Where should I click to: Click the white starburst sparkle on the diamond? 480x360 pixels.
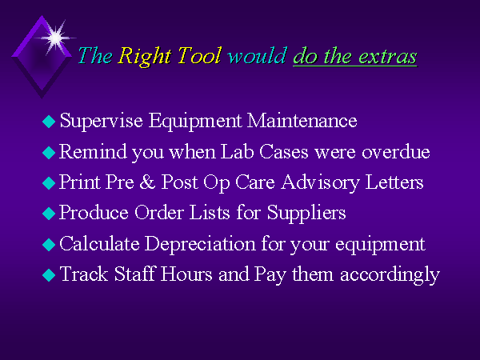(55, 38)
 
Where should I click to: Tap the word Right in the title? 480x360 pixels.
(144, 57)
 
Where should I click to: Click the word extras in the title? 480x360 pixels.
(387, 57)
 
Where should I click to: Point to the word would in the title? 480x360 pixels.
(257, 55)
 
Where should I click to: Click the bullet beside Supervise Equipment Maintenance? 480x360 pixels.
(49, 122)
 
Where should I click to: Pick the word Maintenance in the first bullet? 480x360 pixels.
(302, 120)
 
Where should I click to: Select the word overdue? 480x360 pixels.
(396, 151)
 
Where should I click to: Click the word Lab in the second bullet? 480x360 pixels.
(238, 151)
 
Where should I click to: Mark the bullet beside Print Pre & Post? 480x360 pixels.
(49, 183)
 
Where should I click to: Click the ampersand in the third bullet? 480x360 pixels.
(147, 182)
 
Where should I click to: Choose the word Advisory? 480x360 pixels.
(320, 183)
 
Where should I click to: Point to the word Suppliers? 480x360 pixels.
(306, 214)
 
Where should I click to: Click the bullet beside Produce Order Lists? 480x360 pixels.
(49, 214)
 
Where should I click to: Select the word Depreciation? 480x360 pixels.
(200, 244)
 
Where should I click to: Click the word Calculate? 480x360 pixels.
(99, 243)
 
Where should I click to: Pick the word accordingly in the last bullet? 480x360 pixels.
(390, 275)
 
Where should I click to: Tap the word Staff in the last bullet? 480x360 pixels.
(134, 274)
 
